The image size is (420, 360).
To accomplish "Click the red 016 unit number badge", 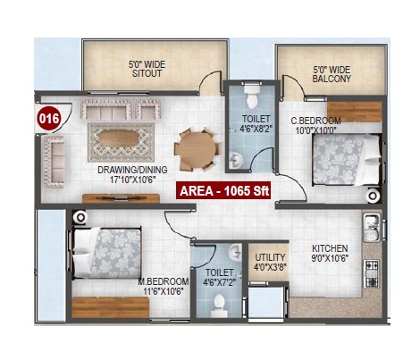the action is pos(49,118).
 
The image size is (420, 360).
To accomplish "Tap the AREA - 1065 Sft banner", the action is pos(223,190).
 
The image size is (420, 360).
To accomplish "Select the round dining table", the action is pos(197,149).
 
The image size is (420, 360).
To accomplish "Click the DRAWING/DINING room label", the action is pos(132,170).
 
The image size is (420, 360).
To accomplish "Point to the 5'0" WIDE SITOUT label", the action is pos(147,69).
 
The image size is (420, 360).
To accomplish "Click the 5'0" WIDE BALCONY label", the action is pos(332,74).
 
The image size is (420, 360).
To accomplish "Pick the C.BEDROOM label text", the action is pos(315,121).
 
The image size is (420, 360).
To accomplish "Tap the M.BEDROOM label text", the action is pos(164,281).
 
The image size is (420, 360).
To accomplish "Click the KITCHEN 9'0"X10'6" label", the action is pos(330,253).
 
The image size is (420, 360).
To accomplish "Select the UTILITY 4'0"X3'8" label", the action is pos(270,262).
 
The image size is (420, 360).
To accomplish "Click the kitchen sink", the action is pos(371,228).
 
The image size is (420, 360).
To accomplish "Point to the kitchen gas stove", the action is pos(371,273).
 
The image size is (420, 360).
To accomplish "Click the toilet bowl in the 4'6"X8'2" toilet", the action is pos(252,97).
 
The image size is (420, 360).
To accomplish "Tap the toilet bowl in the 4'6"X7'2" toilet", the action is pos(219,306).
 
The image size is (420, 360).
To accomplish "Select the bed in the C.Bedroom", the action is pos(347,160).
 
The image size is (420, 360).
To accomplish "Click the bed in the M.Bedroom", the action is pos(106,253).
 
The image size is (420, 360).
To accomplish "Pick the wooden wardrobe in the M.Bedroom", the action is pos(110,307).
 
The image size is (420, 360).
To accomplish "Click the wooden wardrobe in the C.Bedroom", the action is pos(354,112).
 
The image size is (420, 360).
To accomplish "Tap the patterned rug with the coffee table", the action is pos(121,143).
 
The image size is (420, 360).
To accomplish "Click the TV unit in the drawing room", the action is pos(121,198).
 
